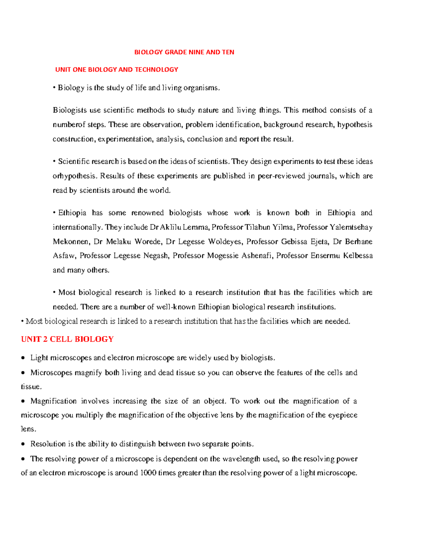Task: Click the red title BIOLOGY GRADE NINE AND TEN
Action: (x=184, y=52)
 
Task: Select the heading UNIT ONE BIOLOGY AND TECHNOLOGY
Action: (x=117, y=70)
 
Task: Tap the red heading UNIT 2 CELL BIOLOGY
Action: (x=67, y=339)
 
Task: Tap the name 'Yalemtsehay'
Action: (x=351, y=227)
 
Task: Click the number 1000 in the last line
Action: (x=148, y=473)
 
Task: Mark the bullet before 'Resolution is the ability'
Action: (x=23, y=444)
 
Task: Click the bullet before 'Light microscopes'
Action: (x=23, y=358)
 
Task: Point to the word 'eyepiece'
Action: (x=343, y=415)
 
